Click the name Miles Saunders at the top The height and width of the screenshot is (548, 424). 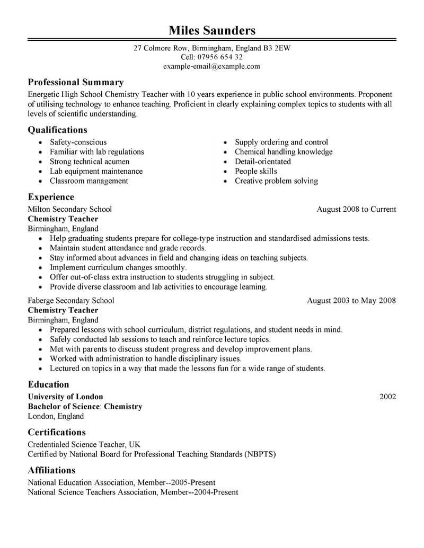[x=211, y=30]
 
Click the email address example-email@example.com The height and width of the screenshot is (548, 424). [x=211, y=66]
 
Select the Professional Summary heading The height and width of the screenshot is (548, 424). [x=76, y=83]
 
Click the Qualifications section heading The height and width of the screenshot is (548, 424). [x=57, y=130]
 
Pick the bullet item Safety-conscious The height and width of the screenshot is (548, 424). [x=78, y=142]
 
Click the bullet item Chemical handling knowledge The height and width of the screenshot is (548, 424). [x=284, y=152]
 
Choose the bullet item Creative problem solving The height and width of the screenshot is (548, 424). [x=276, y=181]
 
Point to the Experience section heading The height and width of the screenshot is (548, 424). [x=51, y=197]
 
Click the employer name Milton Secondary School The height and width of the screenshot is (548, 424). [x=69, y=209]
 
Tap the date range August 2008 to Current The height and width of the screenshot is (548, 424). [x=356, y=209]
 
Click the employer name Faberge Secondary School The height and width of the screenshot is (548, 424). [x=70, y=301]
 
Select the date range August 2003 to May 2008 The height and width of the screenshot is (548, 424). [x=351, y=301]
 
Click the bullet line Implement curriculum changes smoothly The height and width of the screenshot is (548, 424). [x=118, y=267]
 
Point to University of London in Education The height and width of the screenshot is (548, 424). [x=65, y=397]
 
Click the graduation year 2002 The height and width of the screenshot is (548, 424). [x=387, y=397]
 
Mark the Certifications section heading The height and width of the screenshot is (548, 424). [x=57, y=432]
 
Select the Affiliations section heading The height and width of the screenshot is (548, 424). [x=51, y=470]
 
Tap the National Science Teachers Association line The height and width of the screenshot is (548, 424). [x=132, y=492]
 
